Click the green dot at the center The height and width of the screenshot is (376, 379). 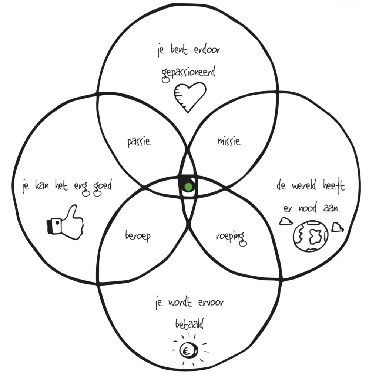tap(188, 187)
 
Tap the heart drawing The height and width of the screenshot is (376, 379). tap(189, 96)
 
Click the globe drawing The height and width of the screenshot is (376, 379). tap(310, 236)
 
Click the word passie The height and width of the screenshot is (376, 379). tap(139, 142)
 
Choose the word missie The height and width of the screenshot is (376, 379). tap(229, 141)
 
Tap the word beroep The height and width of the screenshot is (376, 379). tap(138, 236)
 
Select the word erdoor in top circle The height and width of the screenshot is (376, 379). tap(207, 50)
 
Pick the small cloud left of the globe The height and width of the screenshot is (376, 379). tap(286, 221)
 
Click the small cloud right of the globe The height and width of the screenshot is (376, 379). tap(337, 227)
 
